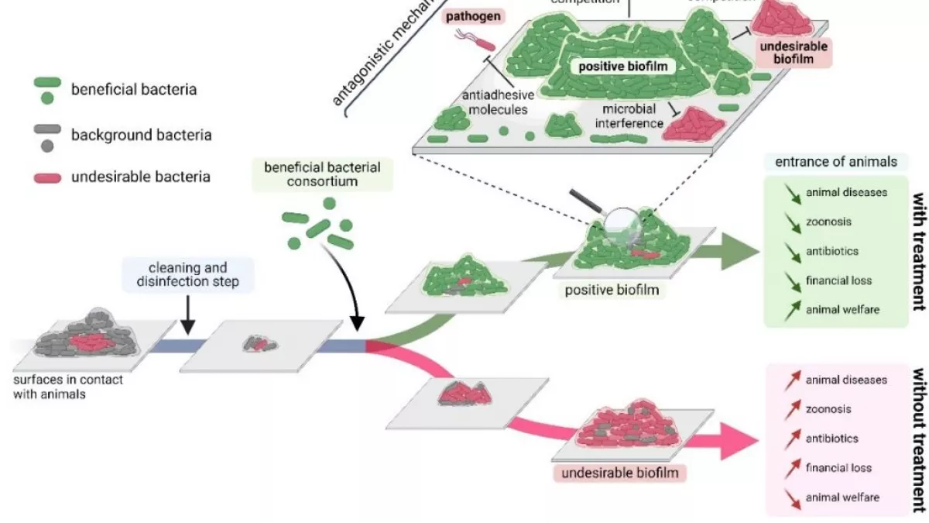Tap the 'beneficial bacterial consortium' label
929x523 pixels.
click(x=322, y=174)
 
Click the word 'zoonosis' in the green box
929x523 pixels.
click(x=828, y=222)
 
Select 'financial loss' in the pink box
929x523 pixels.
click(x=838, y=468)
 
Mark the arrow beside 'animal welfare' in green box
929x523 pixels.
click(x=789, y=310)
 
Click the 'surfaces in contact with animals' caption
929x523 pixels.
click(x=68, y=387)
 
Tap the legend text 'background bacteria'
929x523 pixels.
click(x=141, y=135)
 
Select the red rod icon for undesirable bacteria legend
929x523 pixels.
click(x=47, y=177)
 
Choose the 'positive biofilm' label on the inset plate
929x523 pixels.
click(x=623, y=67)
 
